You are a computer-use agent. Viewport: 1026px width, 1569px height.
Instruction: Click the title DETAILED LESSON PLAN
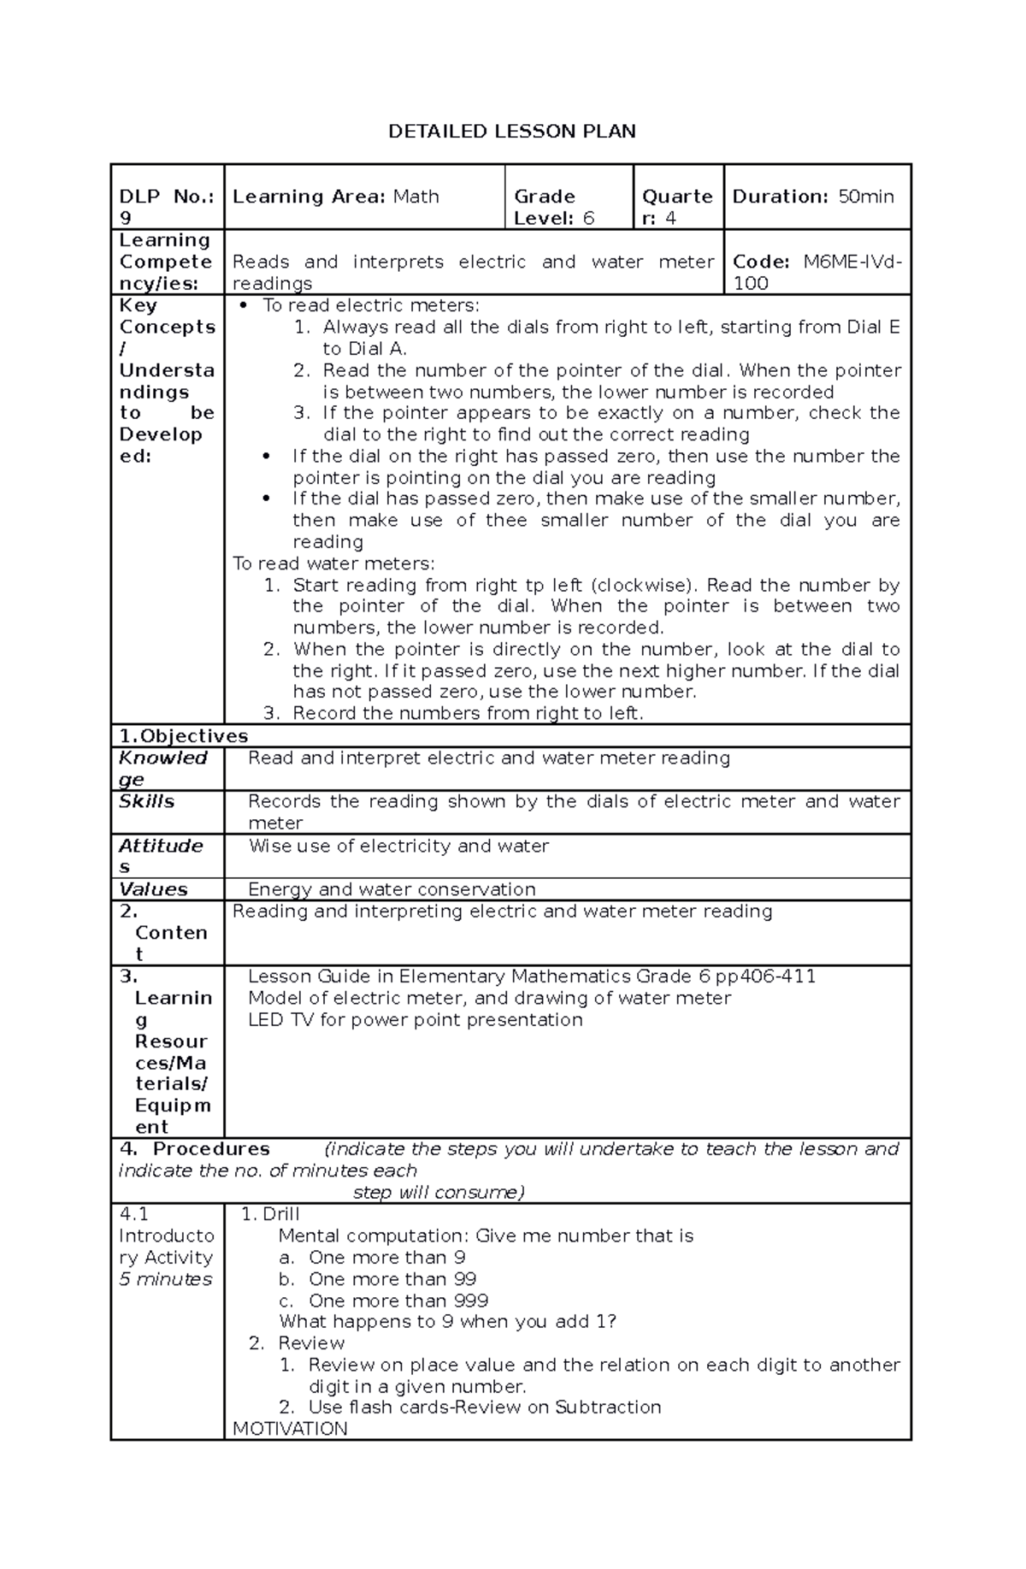[x=512, y=132]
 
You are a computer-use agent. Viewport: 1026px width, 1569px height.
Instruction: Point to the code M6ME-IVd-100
[x=817, y=272]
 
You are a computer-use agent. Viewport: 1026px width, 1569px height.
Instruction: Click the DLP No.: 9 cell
[x=166, y=207]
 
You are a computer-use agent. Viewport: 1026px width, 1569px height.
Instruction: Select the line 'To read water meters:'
[x=333, y=563]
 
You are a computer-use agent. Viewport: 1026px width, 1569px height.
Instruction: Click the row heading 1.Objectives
[x=184, y=736]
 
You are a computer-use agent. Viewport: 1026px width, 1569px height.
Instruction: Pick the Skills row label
[x=147, y=801]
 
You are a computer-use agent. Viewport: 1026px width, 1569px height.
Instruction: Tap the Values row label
[x=153, y=889]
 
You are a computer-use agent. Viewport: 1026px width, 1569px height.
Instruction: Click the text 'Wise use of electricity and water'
[x=398, y=846]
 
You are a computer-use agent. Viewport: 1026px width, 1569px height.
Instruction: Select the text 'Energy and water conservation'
[x=392, y=889]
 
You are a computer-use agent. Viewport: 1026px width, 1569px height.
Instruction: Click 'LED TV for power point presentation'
[x=416, y=1019]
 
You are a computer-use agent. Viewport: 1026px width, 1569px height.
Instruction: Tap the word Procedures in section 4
[x=211, y=1149]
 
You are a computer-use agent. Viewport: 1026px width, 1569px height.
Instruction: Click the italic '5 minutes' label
[x=166, y=1279]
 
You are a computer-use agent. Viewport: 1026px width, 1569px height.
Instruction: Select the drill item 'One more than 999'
[x=398, y=1301]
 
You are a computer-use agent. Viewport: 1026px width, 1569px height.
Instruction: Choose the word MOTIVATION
[x=290, y=1429]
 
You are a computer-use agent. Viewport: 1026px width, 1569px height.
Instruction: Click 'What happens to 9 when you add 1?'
[x=447, y=1322]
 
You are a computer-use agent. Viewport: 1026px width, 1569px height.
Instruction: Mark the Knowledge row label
[x=162, y=768]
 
